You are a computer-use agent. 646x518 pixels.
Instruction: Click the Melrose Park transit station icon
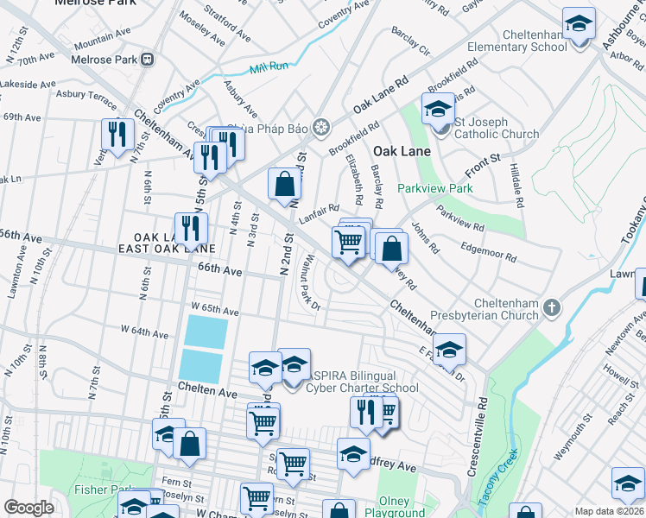tap(148, 60)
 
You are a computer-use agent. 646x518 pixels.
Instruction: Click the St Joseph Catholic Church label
tap(497, 128)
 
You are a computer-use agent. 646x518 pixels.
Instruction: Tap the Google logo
tap(28, 508)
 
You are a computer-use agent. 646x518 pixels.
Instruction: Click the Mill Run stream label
tap(267, 69)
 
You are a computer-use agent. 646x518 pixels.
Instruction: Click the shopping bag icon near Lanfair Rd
tap(284, 183)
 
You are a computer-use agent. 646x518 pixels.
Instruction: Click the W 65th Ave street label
tap(214, 308)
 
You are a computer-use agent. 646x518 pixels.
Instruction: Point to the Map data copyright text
tap(610, 511)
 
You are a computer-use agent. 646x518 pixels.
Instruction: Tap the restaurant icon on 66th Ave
tap(191, 230)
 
